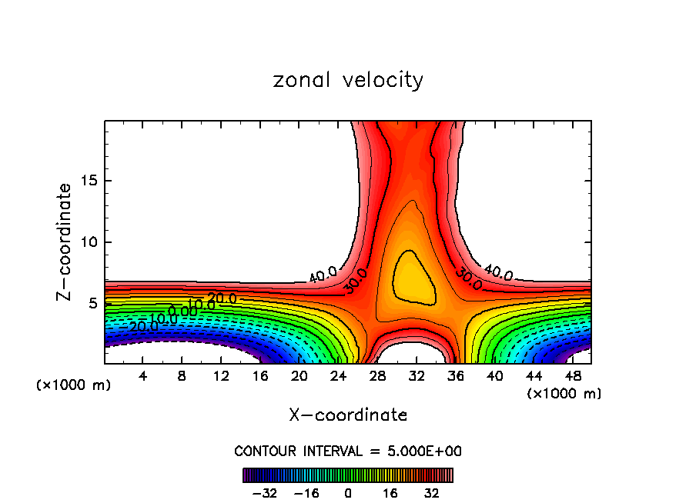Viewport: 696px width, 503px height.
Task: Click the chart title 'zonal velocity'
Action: coord(348,80)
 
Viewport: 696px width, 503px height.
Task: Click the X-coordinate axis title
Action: coord(348,415)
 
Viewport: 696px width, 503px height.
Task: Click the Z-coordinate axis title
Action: coord(65,242)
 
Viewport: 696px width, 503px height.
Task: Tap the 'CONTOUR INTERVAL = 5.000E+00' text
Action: coord(348,451)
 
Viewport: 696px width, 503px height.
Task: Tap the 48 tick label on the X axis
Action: coord(573,376)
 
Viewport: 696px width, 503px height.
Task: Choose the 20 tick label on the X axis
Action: coord(299,376)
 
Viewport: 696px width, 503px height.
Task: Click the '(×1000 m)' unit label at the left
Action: coord(74,385)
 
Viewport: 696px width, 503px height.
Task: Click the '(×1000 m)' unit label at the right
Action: coord(564,394)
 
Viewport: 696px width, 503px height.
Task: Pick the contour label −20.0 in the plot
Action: coord(144,326)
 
